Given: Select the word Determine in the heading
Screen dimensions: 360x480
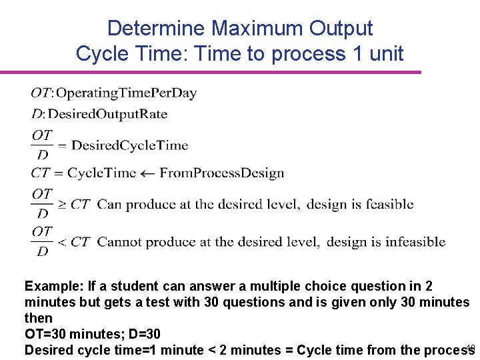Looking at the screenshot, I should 156,29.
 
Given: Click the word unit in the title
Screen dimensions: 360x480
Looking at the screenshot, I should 384,53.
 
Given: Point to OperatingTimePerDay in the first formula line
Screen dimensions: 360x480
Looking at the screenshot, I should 127,93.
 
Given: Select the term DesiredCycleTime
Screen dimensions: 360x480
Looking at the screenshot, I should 130,145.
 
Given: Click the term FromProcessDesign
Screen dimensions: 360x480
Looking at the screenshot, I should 222,173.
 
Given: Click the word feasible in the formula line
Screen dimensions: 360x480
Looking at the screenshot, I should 389,204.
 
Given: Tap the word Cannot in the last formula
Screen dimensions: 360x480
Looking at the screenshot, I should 118,241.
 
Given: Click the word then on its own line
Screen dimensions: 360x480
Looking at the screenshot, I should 38,319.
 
